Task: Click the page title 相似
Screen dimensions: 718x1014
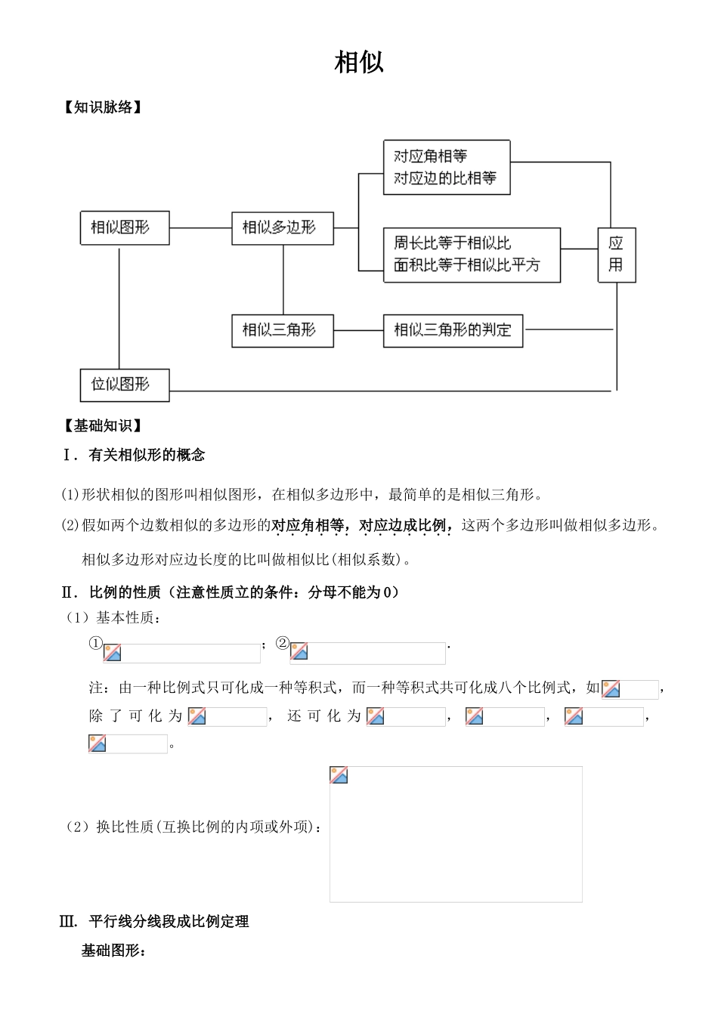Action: [x=359, y=63]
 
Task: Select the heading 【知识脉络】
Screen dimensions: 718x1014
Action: [x=103, y=107]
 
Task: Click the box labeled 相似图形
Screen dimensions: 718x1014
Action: [x=125, y=227]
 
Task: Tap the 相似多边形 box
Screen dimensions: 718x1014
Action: [x=282, y=227]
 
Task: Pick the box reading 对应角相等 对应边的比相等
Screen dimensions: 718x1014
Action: [x=446, y=167]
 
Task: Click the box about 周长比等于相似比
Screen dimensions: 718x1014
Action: [x=472, y=255]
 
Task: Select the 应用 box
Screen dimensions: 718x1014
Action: [x=616, y=254]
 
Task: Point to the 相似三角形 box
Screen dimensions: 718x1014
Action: [x=282, y=330]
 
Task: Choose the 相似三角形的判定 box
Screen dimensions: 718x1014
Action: [x=453, y=330]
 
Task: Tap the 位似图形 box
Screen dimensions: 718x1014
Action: [x=125, y=385]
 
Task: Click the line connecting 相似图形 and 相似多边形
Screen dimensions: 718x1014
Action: [x=200, y=227]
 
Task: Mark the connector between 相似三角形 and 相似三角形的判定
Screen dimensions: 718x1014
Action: [x=358, y=330]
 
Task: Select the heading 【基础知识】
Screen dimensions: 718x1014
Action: [x=103, y=426]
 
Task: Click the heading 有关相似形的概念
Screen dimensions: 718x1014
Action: [x=147, y=455]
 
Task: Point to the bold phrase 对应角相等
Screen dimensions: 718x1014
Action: [x=308, y=525]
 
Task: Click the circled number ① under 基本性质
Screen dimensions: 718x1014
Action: [x=95, y=644]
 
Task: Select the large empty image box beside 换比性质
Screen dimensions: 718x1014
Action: [x=456, y=834]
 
